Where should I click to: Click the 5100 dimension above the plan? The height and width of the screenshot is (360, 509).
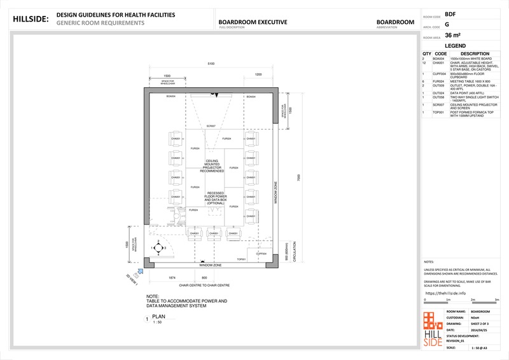211,64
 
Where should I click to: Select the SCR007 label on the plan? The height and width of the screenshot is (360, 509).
211,127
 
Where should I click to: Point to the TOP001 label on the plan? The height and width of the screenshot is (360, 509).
242,260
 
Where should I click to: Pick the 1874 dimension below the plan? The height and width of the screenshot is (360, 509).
172,278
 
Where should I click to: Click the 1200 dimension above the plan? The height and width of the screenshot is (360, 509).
258,75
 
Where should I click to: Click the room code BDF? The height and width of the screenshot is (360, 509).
450,13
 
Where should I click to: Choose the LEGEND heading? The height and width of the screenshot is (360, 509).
455,46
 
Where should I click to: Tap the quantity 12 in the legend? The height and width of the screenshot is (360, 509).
424,63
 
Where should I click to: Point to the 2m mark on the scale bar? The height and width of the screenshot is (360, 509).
473,300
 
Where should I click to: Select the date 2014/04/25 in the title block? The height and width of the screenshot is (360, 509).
479,331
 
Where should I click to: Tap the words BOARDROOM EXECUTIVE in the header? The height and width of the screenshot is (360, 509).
253,22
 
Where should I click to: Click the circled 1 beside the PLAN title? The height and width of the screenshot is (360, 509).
148,318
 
